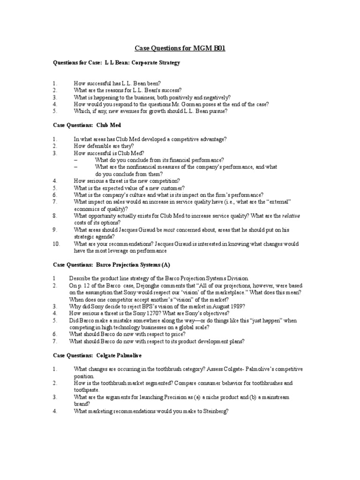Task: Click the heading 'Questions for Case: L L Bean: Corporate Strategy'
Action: [x=116, y=62]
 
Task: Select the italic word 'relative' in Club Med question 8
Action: [x=290, y=216]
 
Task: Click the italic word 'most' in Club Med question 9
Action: [x=169, y=230]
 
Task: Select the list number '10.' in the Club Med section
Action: [x=56, y=244]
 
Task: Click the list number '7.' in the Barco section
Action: [x=54, y=341]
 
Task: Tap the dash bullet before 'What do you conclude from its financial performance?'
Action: [x=75, y=160]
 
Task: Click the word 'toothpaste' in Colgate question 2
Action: [x=87, y=390]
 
